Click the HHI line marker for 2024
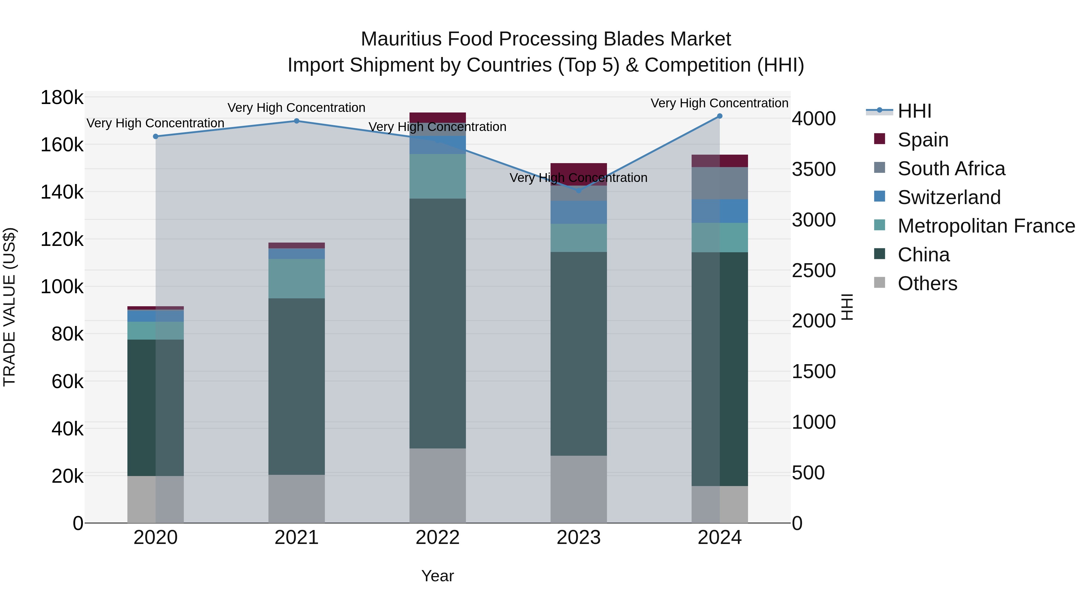[720, 116]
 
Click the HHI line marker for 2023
[579, 190]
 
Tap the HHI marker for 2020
[156, 136]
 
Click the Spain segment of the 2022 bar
[437, 117]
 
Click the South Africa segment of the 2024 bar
[720, 183]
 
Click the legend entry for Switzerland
[949, 197]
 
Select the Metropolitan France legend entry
[986, 226]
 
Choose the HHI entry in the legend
[914, 111]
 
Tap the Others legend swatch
[880, 283]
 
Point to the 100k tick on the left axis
[62, 287]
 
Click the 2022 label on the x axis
[437, 538]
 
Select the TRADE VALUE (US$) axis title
[9, 307]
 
